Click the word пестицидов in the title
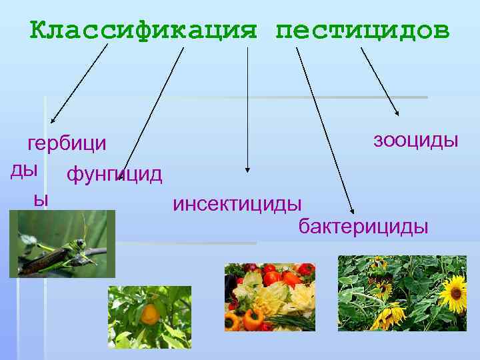click(363, 31)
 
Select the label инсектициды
click(237, 203)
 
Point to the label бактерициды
click(363, 227)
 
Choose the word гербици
click(66, 143)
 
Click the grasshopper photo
click(62, 243)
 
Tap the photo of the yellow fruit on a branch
click(149, 317)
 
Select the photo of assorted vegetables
click(269, 297)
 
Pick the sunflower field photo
click(401, 293)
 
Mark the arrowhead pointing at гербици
click(54, 121)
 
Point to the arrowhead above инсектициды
click(247, 170)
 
